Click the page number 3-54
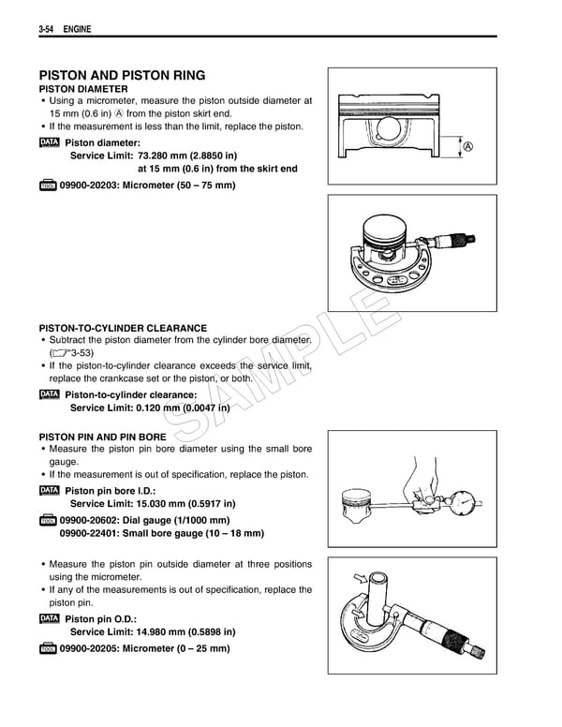[x=49, y=32]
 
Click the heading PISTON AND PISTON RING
[x=122, y=76]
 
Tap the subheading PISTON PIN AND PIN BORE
[x=103, y=437]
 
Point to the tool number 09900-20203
[x=93, y=185]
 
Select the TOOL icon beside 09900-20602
[x=49, y=520]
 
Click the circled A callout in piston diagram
[x=467, y=147]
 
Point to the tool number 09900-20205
[x=93, y=648]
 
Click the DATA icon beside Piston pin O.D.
[x=49, y=619]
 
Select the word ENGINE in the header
[x=77, y=32]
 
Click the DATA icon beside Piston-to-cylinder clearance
[x=49, y=394]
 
